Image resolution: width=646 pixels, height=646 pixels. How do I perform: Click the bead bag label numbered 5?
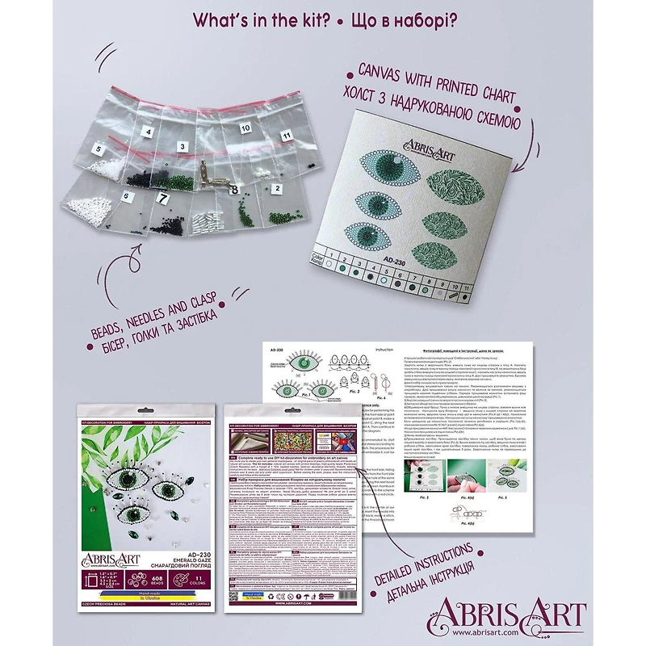click(99, 149)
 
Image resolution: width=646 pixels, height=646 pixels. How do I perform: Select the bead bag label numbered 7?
click(161, 197)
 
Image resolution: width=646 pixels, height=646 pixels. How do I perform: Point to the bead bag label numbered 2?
click(276, 189)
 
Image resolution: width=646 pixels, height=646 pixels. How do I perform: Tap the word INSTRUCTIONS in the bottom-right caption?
click(459, 551)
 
